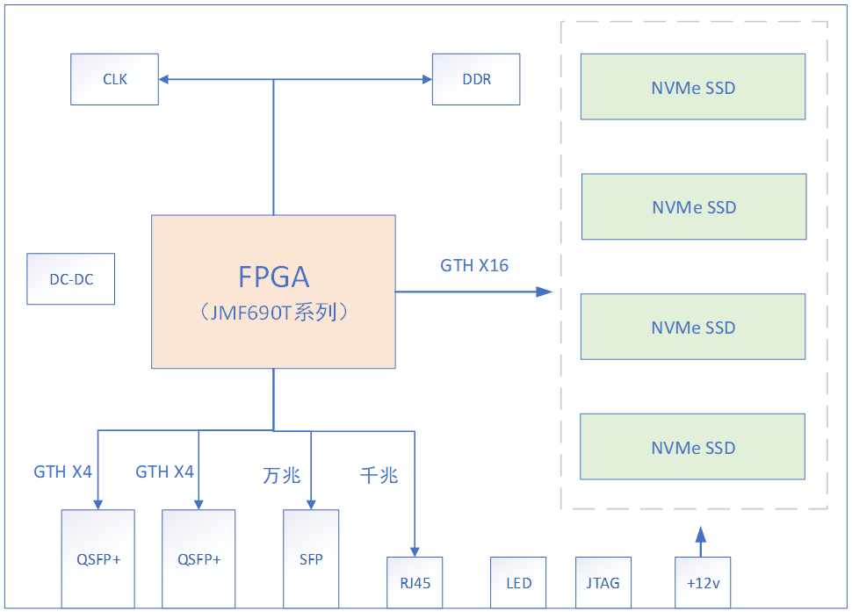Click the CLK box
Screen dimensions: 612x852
tap(114, 79)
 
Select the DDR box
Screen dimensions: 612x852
tap(476, 79)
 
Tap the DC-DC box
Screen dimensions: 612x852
tap(70, 279)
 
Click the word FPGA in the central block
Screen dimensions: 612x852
tap(273, 277)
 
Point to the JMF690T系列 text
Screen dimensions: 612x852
tap(273, 313)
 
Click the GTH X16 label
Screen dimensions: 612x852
tap(474, 265)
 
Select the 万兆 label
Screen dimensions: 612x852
tap(281, 476)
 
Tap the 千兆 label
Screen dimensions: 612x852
tap(379, 476)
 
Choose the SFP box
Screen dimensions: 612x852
tap(311, 559)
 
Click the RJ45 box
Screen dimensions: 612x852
tap(415, 583)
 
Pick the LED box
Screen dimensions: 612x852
tap(518, 583)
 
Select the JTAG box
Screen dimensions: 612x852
tap(603, 583)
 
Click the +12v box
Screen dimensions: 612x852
tap(702, 583)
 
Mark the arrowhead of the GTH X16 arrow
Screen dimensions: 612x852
tap(544, 292)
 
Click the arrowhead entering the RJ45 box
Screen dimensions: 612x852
tap(414, 551)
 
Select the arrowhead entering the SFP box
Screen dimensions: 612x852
tap(311, 504)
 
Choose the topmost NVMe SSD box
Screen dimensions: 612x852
tap(692, 87)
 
